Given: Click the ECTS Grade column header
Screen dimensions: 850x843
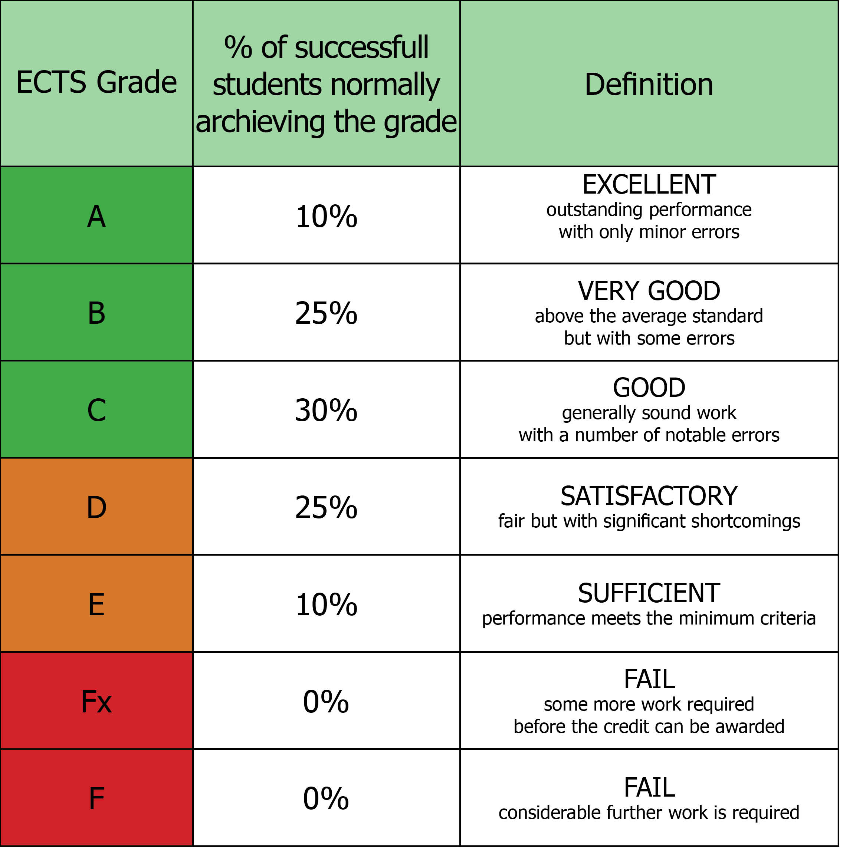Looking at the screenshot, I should coord(96,82).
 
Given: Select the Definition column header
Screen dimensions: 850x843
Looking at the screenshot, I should coord(649,85).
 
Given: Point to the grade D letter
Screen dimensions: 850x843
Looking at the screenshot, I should coord(96,507).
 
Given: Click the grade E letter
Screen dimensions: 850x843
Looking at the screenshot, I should coord(96,604).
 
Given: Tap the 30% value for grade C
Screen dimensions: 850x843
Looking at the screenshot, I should coord(326,411).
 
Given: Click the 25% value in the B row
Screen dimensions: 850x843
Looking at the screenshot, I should coord(326,313).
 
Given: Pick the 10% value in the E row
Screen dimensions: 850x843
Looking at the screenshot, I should coord(326,604).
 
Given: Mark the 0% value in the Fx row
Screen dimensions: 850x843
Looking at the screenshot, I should coord(326,702).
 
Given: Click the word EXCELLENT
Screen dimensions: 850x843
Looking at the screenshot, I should coord(649,185).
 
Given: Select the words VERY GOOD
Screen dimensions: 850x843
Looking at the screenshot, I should coord(649,291).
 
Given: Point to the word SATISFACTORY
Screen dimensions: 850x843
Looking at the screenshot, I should coord(649,496).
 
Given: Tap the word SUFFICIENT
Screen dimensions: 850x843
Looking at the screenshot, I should coord(649,593).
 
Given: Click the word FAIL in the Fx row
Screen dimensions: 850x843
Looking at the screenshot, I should coord(649,680).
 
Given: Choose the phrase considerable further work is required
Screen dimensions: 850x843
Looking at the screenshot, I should coord(649,813).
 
